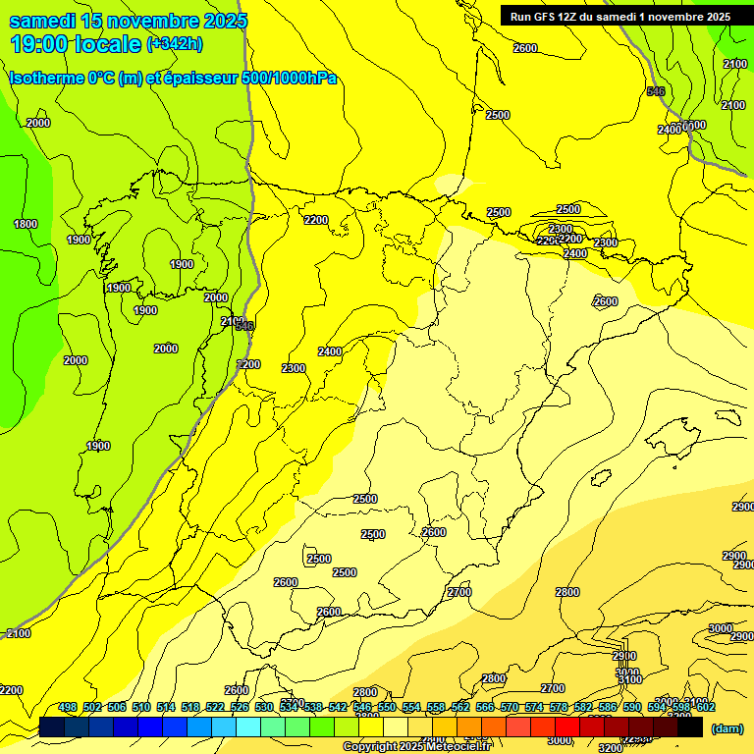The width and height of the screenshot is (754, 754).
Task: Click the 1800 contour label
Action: (26, 224)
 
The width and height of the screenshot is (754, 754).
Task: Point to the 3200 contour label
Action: (610, 747)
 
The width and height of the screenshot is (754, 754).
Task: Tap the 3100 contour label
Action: (629, 679)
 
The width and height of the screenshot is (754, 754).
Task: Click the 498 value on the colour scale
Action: (68, 707)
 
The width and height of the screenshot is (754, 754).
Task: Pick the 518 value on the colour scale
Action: (190, 707)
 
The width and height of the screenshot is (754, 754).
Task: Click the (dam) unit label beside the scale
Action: (726, 728)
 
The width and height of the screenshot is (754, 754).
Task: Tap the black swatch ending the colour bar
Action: (690, 727)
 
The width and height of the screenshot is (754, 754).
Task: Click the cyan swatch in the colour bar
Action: (248, 727)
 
